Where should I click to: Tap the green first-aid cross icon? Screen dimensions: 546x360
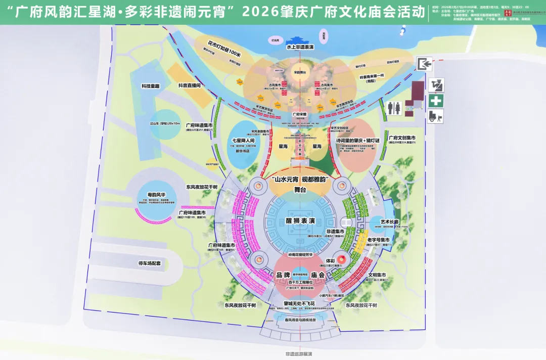click(x=436, y=100)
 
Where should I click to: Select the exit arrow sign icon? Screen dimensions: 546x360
click(x=423, y=64)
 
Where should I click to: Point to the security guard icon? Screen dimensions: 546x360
click(x=436, y=84)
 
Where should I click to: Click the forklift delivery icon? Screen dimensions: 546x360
click(x=436, y=116)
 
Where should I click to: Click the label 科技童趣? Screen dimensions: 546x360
click(x=150, y=86)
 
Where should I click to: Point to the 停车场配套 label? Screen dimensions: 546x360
click(x=149, y=263)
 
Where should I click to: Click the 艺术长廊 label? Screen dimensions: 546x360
click(x=390, y=221)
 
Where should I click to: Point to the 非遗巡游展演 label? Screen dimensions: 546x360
click(x=298, y=354)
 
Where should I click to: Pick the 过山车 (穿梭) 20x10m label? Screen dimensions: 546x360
click(x=165, y=123)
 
